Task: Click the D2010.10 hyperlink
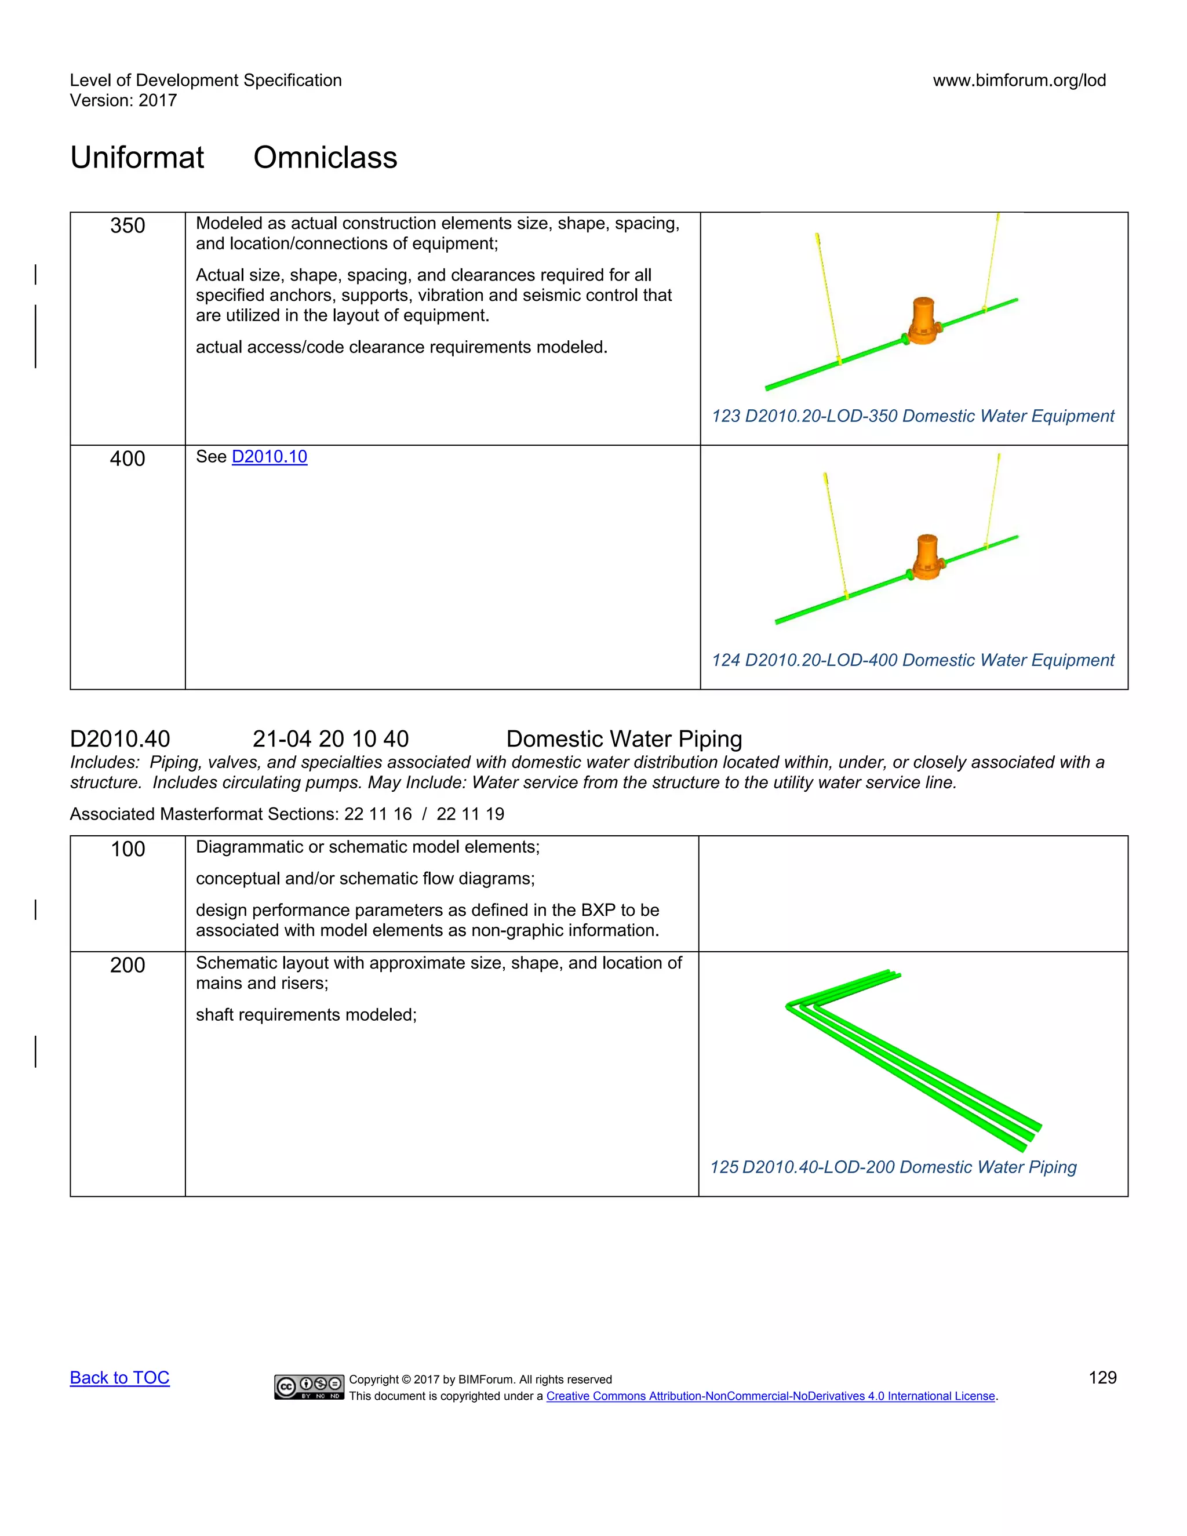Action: (270, 457)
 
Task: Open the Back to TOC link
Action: (119, 1377)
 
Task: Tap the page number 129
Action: (1102, 1377)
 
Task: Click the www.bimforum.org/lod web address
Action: (1019, 80)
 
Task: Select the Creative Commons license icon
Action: (310, 1386)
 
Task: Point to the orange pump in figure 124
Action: (926, 558)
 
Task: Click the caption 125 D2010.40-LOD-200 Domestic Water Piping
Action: (893, 1167)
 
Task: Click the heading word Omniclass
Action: (325, 158)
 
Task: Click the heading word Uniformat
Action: (137, 158)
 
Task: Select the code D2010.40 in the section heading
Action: (120, 738)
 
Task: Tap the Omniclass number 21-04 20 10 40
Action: (330, 738)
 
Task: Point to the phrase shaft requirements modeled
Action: (306, 1015)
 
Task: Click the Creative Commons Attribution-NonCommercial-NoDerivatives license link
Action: (771, 1396)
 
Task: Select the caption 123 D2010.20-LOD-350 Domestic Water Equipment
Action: (913, 416)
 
